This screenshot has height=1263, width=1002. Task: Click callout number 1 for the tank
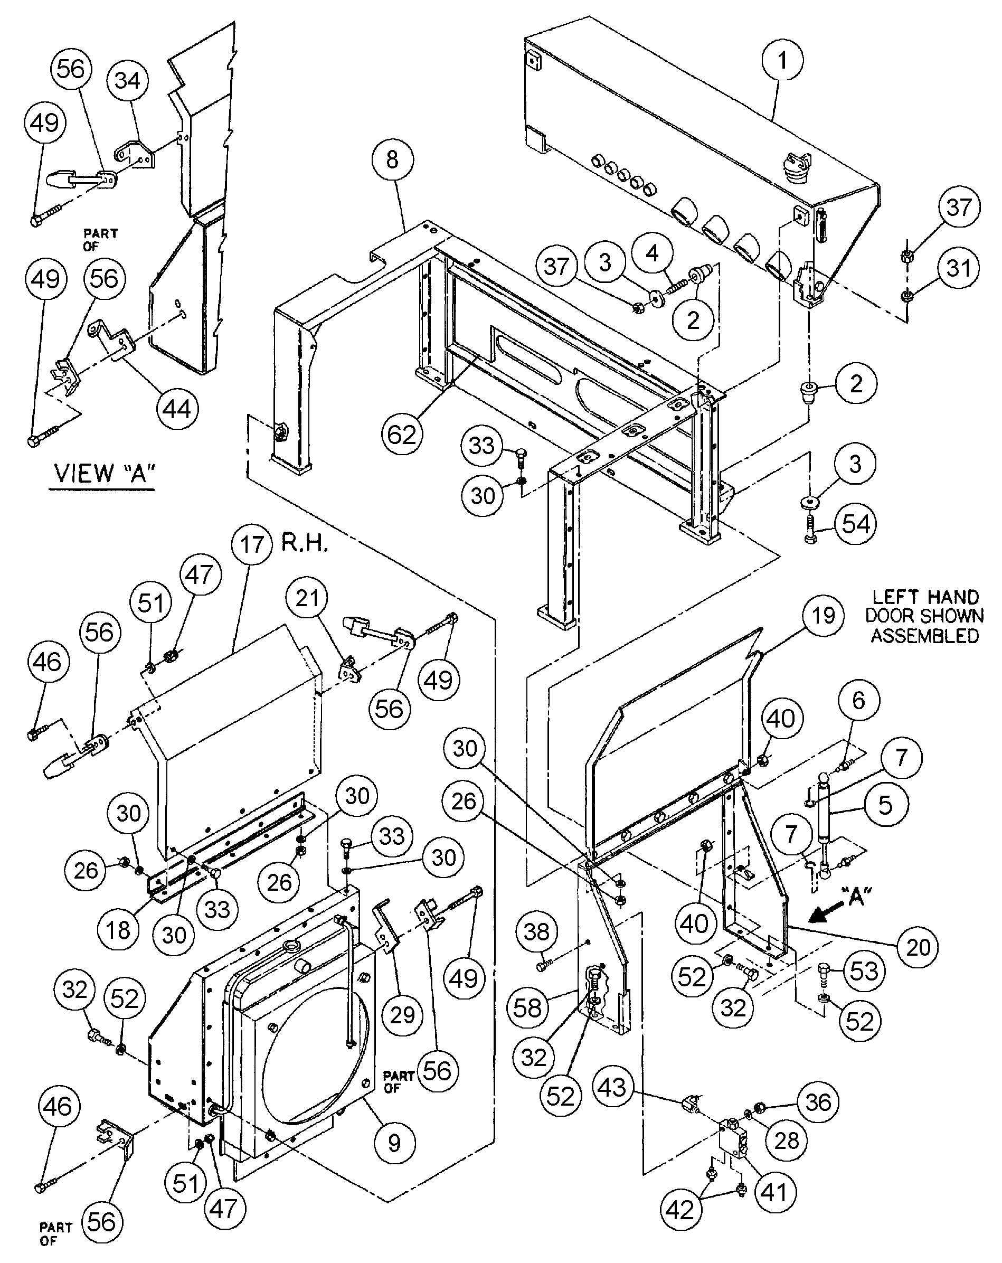coord(782,60)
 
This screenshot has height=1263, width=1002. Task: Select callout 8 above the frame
coord(392,159)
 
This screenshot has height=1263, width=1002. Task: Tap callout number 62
coord(402,435)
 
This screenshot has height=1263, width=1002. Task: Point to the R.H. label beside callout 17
coord(304,544)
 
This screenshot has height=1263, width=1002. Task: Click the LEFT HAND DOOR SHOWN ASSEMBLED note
coord(925,616)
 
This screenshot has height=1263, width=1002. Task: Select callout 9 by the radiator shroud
coord(394,1142)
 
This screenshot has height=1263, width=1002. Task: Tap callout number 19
coord(823,615)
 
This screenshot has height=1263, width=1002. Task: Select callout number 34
coord(128,80)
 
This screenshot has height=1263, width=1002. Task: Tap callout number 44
coord(177,408)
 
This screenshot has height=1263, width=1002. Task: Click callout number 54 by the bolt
coord(856,524)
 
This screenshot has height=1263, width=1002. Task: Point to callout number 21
coord(307,598)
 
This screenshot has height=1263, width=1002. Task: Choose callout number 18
coord(118,929)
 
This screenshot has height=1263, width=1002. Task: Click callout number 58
coord(527,1008)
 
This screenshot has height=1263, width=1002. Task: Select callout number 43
coord(612,1088)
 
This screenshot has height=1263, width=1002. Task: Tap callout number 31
coord(959,268)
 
